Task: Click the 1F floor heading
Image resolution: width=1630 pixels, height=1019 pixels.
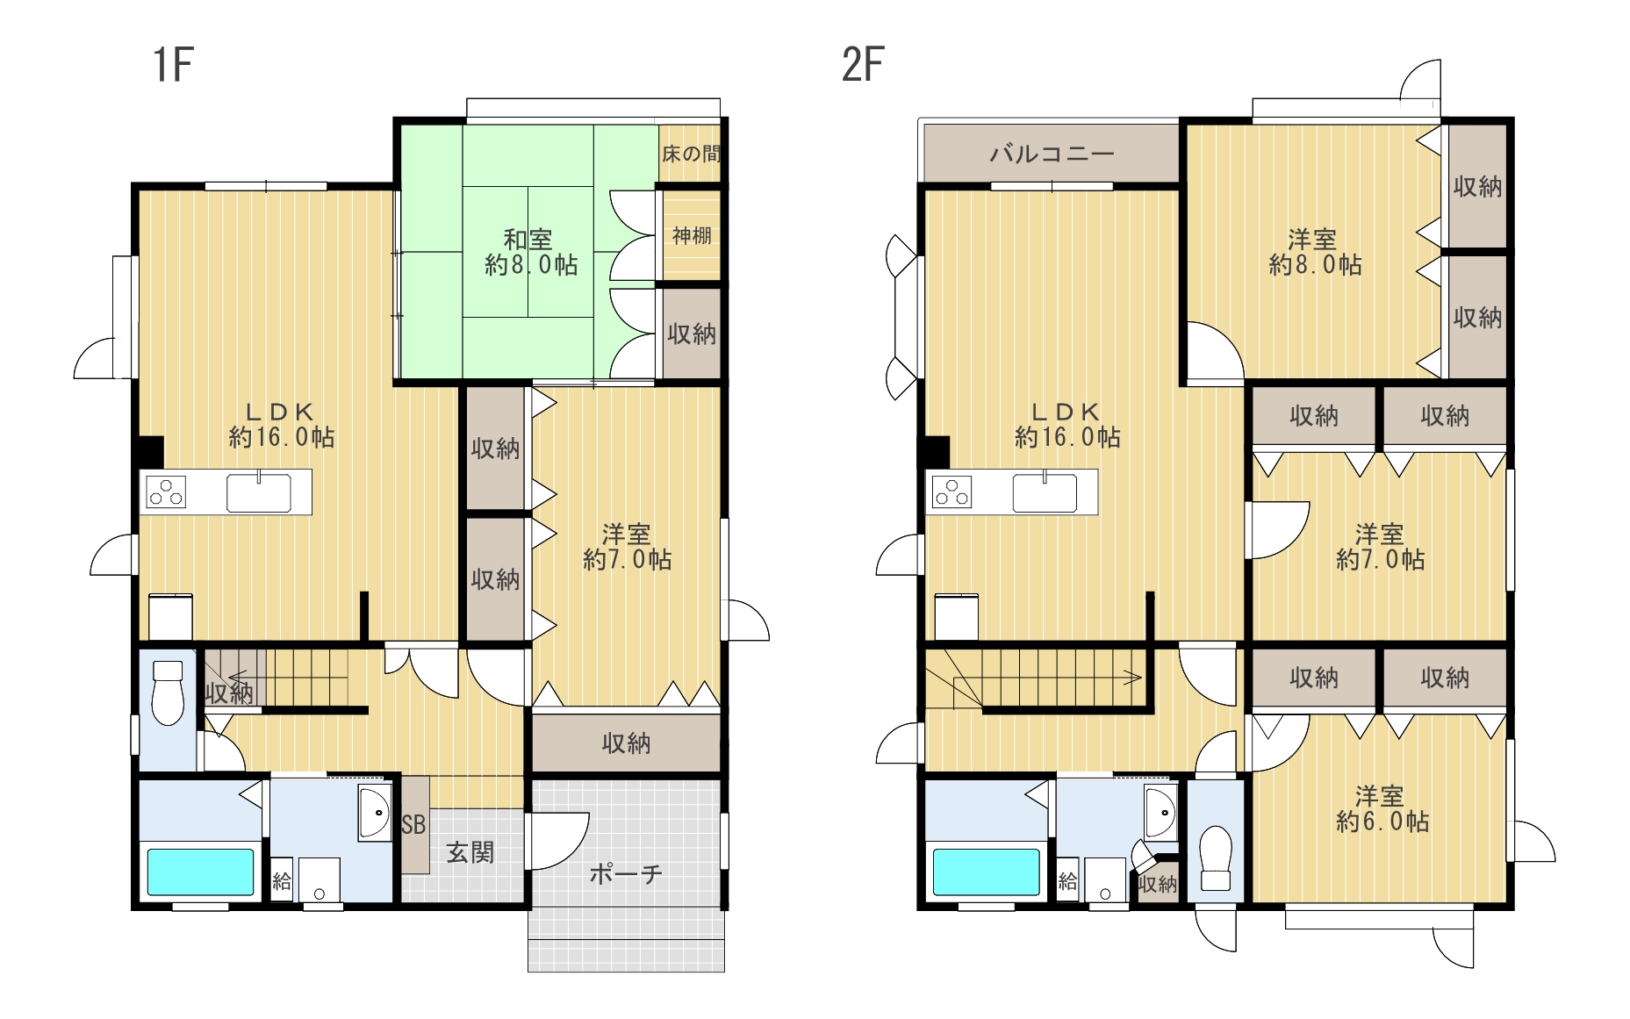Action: click(173, 64)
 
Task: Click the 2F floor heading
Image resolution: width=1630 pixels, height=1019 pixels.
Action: click(862, 64)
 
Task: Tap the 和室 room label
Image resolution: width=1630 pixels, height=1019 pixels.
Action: click(528, 239)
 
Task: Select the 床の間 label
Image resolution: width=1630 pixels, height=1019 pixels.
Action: click(691, 154)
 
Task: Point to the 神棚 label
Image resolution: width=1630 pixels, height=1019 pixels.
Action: click(692, 235)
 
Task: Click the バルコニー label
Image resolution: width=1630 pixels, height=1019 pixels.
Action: click(1052, 154)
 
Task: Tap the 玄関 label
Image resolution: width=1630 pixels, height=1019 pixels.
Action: click(470, 851)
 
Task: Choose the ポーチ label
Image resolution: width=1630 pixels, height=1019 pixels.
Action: click(625, 873)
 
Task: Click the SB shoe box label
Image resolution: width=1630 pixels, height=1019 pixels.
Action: click(413, 825)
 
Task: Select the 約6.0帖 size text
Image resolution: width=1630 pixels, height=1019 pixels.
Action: click(1382, 822)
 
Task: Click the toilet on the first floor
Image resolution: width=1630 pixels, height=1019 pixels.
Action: click(167, 693)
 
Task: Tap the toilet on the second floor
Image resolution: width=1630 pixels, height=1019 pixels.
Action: click(1216, 858)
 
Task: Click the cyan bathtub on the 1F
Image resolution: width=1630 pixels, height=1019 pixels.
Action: click(200, 872)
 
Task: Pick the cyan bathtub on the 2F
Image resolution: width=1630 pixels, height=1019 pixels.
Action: click(986, 872)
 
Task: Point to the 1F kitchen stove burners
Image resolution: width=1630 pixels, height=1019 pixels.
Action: click(166, 492)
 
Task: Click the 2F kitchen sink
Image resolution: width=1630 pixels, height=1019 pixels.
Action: click(1045, 492)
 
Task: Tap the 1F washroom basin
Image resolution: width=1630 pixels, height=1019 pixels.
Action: click(376, 813)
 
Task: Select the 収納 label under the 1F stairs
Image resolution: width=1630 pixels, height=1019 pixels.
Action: click(229, 693)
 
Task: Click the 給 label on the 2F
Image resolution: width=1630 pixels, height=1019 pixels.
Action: click(1067, 880)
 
